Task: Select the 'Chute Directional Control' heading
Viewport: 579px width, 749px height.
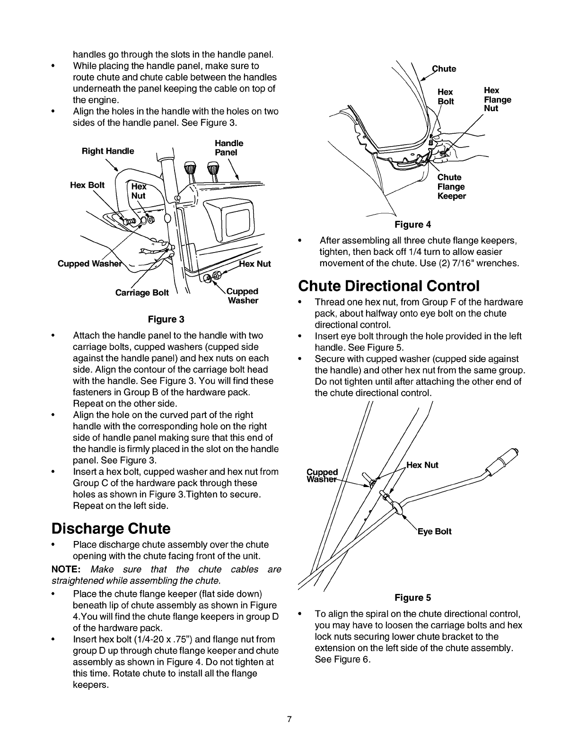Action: tap(389, 286)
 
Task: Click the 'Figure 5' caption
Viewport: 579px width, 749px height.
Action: tap(413, 598)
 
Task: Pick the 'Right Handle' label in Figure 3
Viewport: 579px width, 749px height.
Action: tap(108, 151)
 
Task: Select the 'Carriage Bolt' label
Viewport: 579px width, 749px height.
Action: tap(142, 293)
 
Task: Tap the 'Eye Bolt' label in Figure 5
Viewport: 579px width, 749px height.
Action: tap(434, 531)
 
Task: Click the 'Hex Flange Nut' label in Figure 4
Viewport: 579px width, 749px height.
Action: tap(497, 99)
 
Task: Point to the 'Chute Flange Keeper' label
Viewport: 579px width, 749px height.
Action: tap(451, 186)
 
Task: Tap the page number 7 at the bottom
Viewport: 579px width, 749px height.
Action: tap(289, 720)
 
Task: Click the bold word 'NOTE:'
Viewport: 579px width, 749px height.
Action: tap(65, 569)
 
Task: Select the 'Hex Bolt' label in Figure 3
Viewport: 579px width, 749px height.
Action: tap(87, 185)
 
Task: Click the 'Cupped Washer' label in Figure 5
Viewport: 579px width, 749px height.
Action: tap(322, 476)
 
